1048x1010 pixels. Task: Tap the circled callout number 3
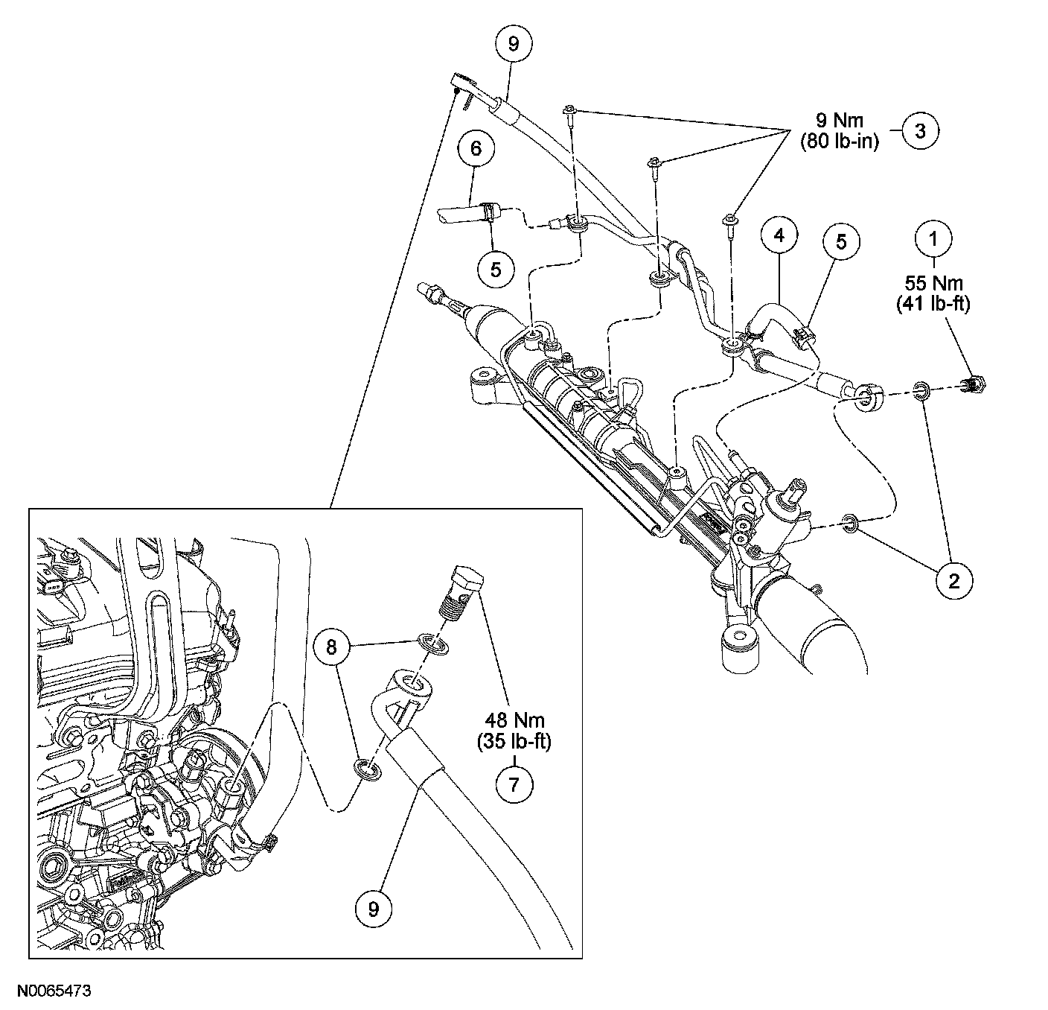(921, 131)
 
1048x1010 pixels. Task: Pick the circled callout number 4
(778, 236)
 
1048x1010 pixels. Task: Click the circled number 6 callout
(476, 149)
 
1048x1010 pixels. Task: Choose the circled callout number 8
(332, 647)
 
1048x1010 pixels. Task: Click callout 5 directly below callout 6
(496, 269)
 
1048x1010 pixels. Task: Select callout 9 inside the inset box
(373, 908)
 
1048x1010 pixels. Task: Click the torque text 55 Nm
(933, 284)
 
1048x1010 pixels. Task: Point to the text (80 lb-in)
(839, 142)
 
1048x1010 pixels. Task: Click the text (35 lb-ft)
(516, 743)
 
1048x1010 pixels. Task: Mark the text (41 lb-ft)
(933, 304)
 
